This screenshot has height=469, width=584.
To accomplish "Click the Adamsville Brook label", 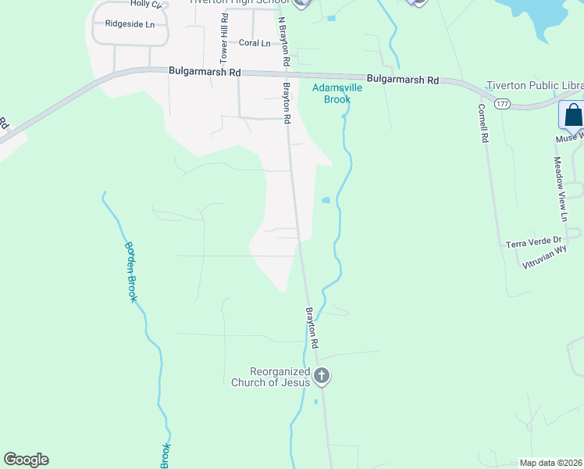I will point(337,94).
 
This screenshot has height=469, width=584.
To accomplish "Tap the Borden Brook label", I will point(131,272).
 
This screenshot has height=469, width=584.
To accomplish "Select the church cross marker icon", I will point(322,377).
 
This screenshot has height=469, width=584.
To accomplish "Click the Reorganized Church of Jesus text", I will point(270,377).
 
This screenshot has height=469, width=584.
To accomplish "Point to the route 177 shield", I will point(503,103).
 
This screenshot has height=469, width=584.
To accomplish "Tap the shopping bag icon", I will point(572,115).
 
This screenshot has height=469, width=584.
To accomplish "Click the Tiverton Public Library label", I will point(535,85).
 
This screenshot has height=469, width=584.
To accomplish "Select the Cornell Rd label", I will point(484,123).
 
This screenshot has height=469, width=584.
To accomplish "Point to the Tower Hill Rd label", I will point(223,42).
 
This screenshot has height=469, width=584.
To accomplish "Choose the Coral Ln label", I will point(254,43).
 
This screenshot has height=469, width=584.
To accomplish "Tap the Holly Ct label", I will point(146,4).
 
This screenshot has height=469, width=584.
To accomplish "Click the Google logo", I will point(26,460).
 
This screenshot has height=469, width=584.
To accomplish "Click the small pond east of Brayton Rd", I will point(326,201).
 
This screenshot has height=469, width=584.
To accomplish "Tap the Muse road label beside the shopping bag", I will point(569,138).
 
